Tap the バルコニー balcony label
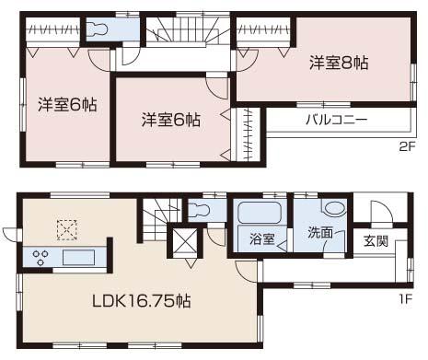[335, 121]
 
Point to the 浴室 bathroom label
[261, 239]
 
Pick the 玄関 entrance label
[376, 241]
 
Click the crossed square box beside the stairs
[182, 244]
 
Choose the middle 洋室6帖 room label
[170, 119]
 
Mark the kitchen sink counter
[78, 255]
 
